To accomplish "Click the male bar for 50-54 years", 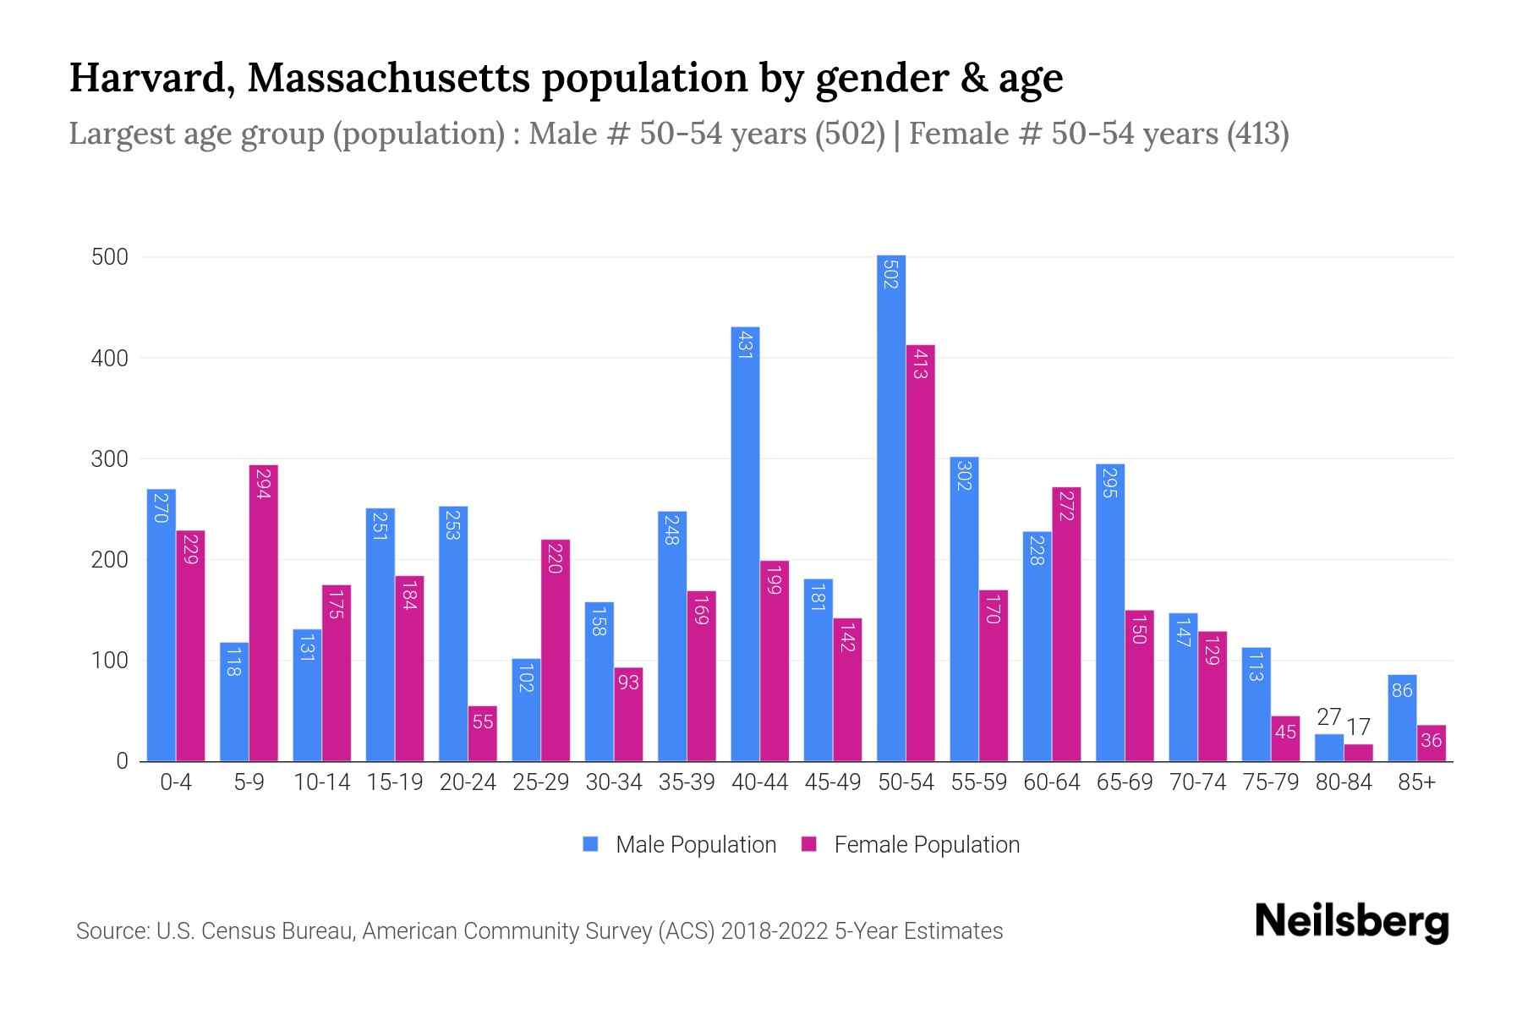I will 891,507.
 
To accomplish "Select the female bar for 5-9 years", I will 263,613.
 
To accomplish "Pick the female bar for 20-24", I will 482,734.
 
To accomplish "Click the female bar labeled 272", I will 1066,624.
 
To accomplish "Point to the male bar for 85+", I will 1402,718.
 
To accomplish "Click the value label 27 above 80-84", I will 1329,717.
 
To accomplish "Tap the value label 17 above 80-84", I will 1358,727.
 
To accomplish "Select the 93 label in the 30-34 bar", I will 628,682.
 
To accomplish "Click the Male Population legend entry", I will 680,845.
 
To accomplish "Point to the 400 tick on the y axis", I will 110,359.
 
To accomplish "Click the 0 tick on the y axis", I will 122,761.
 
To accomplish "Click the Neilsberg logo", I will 1351,922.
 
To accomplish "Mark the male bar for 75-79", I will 1256,705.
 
